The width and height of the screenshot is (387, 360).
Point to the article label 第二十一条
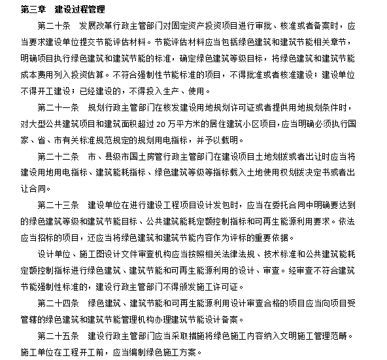(58, 107)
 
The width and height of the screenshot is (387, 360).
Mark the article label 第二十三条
(58, 205)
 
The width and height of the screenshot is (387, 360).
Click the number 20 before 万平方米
(199, 123)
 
